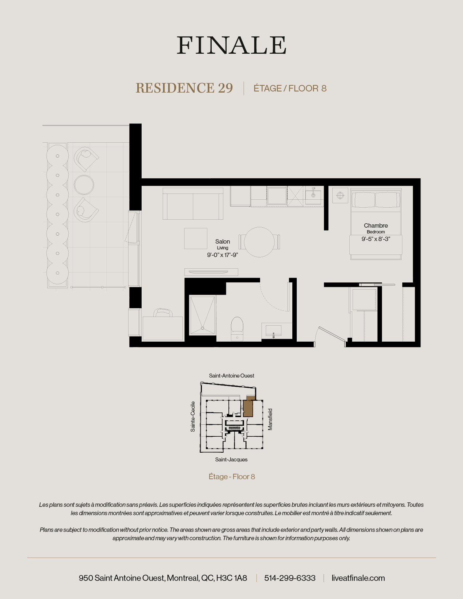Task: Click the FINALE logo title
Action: (231, 45)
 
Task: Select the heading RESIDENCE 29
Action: (184, 88)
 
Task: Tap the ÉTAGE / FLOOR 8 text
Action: (290, 88)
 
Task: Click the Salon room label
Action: (222, 241)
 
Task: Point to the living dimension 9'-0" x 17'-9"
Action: (222, 255)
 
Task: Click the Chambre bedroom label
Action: (375, 225)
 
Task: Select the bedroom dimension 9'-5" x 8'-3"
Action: (375, 239)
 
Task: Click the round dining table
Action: (259, 242)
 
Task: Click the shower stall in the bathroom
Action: (203, 315)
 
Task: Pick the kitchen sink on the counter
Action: (313, 195)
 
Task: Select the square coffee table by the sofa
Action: (195, 238)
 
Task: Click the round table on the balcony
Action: (84, 185)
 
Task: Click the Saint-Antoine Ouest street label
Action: (231, 376)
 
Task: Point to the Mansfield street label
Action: (270, 419)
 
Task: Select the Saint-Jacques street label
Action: (231, 460)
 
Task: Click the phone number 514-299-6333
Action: (290, 578)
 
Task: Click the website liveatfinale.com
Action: (358, 578)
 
